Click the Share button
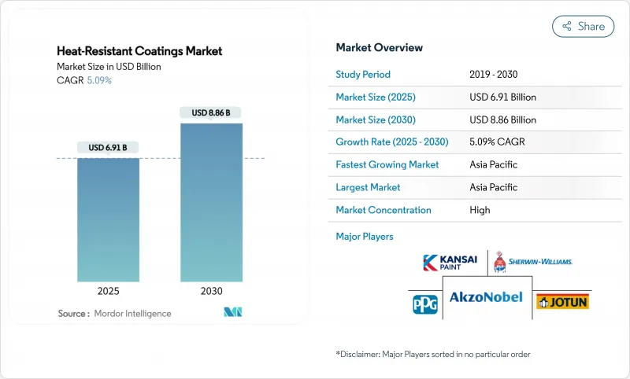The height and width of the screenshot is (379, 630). (x=583, y=26)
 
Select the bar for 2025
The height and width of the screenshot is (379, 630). (x=108, y=220)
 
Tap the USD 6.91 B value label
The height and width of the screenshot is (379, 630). (x=108, y=147)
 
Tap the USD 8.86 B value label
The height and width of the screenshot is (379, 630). (x=211, y=112)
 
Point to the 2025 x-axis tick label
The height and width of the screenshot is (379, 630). (x=108, y=291)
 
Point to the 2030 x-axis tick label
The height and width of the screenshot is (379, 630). (x=211, y=291)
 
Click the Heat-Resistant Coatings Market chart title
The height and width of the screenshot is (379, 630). (x=139, y=51)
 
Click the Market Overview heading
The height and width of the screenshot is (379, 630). (x=379, y=48)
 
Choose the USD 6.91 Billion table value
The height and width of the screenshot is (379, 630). (x=502, y=98)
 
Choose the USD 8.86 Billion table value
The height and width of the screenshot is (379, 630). (x=502, y=120)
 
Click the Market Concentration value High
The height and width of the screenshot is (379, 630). (x=480, y=210)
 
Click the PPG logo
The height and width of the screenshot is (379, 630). (x=424, y=302)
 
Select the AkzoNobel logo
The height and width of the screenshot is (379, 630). (x=487, y=299)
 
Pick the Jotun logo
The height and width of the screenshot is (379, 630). (x=562, y=301)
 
